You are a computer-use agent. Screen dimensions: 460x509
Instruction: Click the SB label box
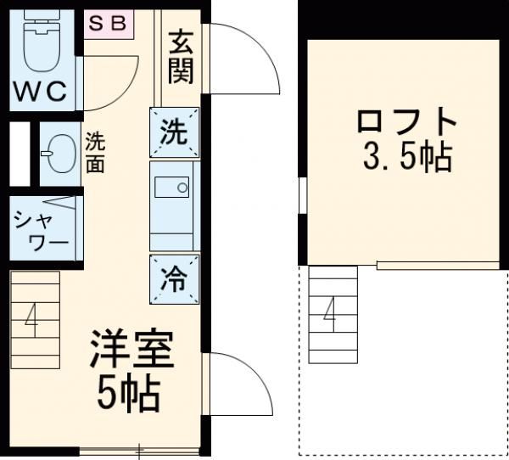click(x=108, y=24)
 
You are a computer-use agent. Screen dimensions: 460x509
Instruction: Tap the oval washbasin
click(x=59, y=153)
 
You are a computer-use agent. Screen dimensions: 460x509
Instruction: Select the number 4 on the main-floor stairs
click(x=31, y=321)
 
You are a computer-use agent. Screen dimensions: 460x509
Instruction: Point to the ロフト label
click(x=406, y=122)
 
